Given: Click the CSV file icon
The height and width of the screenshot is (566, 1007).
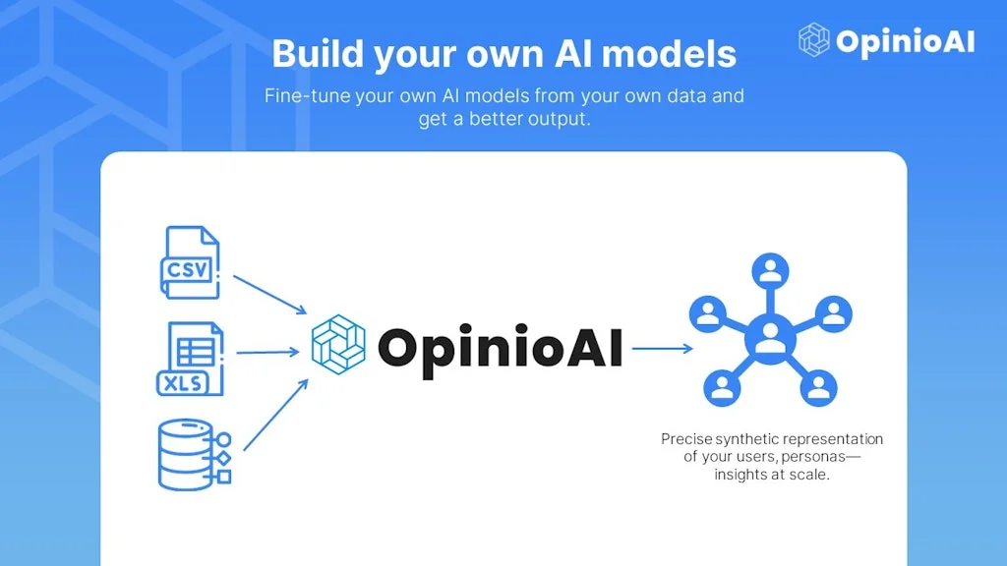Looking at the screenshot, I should coord(190,262).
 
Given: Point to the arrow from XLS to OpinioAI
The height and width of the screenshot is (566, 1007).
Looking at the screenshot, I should coord(268,352).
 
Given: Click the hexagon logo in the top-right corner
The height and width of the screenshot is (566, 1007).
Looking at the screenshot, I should coord(814,40).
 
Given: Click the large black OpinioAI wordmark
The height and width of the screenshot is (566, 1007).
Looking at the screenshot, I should coord(500,348).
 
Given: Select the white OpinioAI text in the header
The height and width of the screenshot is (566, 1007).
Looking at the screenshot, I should coord(905,41).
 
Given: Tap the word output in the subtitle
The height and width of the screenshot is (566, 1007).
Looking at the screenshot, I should coord(558,121).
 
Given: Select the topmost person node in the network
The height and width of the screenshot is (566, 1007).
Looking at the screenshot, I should coord(770,271).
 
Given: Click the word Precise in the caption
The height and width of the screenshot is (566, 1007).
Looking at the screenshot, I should coord(686,439).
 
